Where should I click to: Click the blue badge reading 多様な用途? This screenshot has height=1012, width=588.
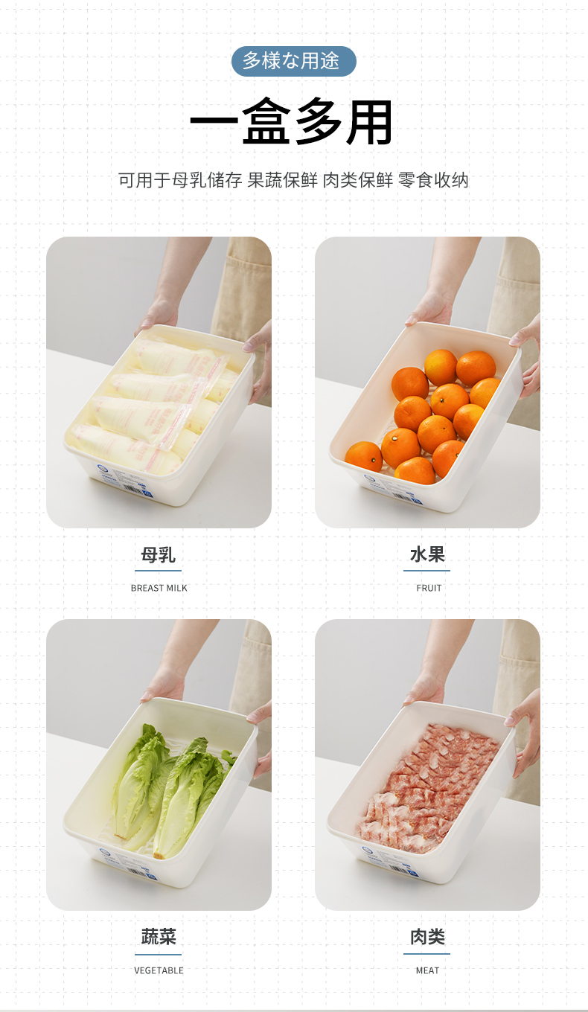(294, 61)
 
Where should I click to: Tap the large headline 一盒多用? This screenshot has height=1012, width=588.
(292, 122)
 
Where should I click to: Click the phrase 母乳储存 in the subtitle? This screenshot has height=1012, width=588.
(207, 180)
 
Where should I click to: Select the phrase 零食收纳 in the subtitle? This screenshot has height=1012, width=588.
(433, 180)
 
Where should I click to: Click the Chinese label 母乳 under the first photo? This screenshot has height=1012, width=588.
(159, 554)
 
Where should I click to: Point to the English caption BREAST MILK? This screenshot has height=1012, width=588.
(159, 588)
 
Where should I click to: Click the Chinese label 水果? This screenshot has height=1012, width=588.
(427, 554)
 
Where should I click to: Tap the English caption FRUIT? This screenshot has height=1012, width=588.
(429, 588)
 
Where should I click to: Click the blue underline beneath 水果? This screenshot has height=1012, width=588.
(426, 571)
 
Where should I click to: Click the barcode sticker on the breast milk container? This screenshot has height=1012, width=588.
(124, 481)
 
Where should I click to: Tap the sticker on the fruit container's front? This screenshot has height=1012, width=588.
(393, 489)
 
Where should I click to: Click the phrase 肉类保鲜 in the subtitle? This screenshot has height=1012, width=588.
(357, 180)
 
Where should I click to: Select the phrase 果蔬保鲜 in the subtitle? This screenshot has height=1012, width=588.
(283, 180)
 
